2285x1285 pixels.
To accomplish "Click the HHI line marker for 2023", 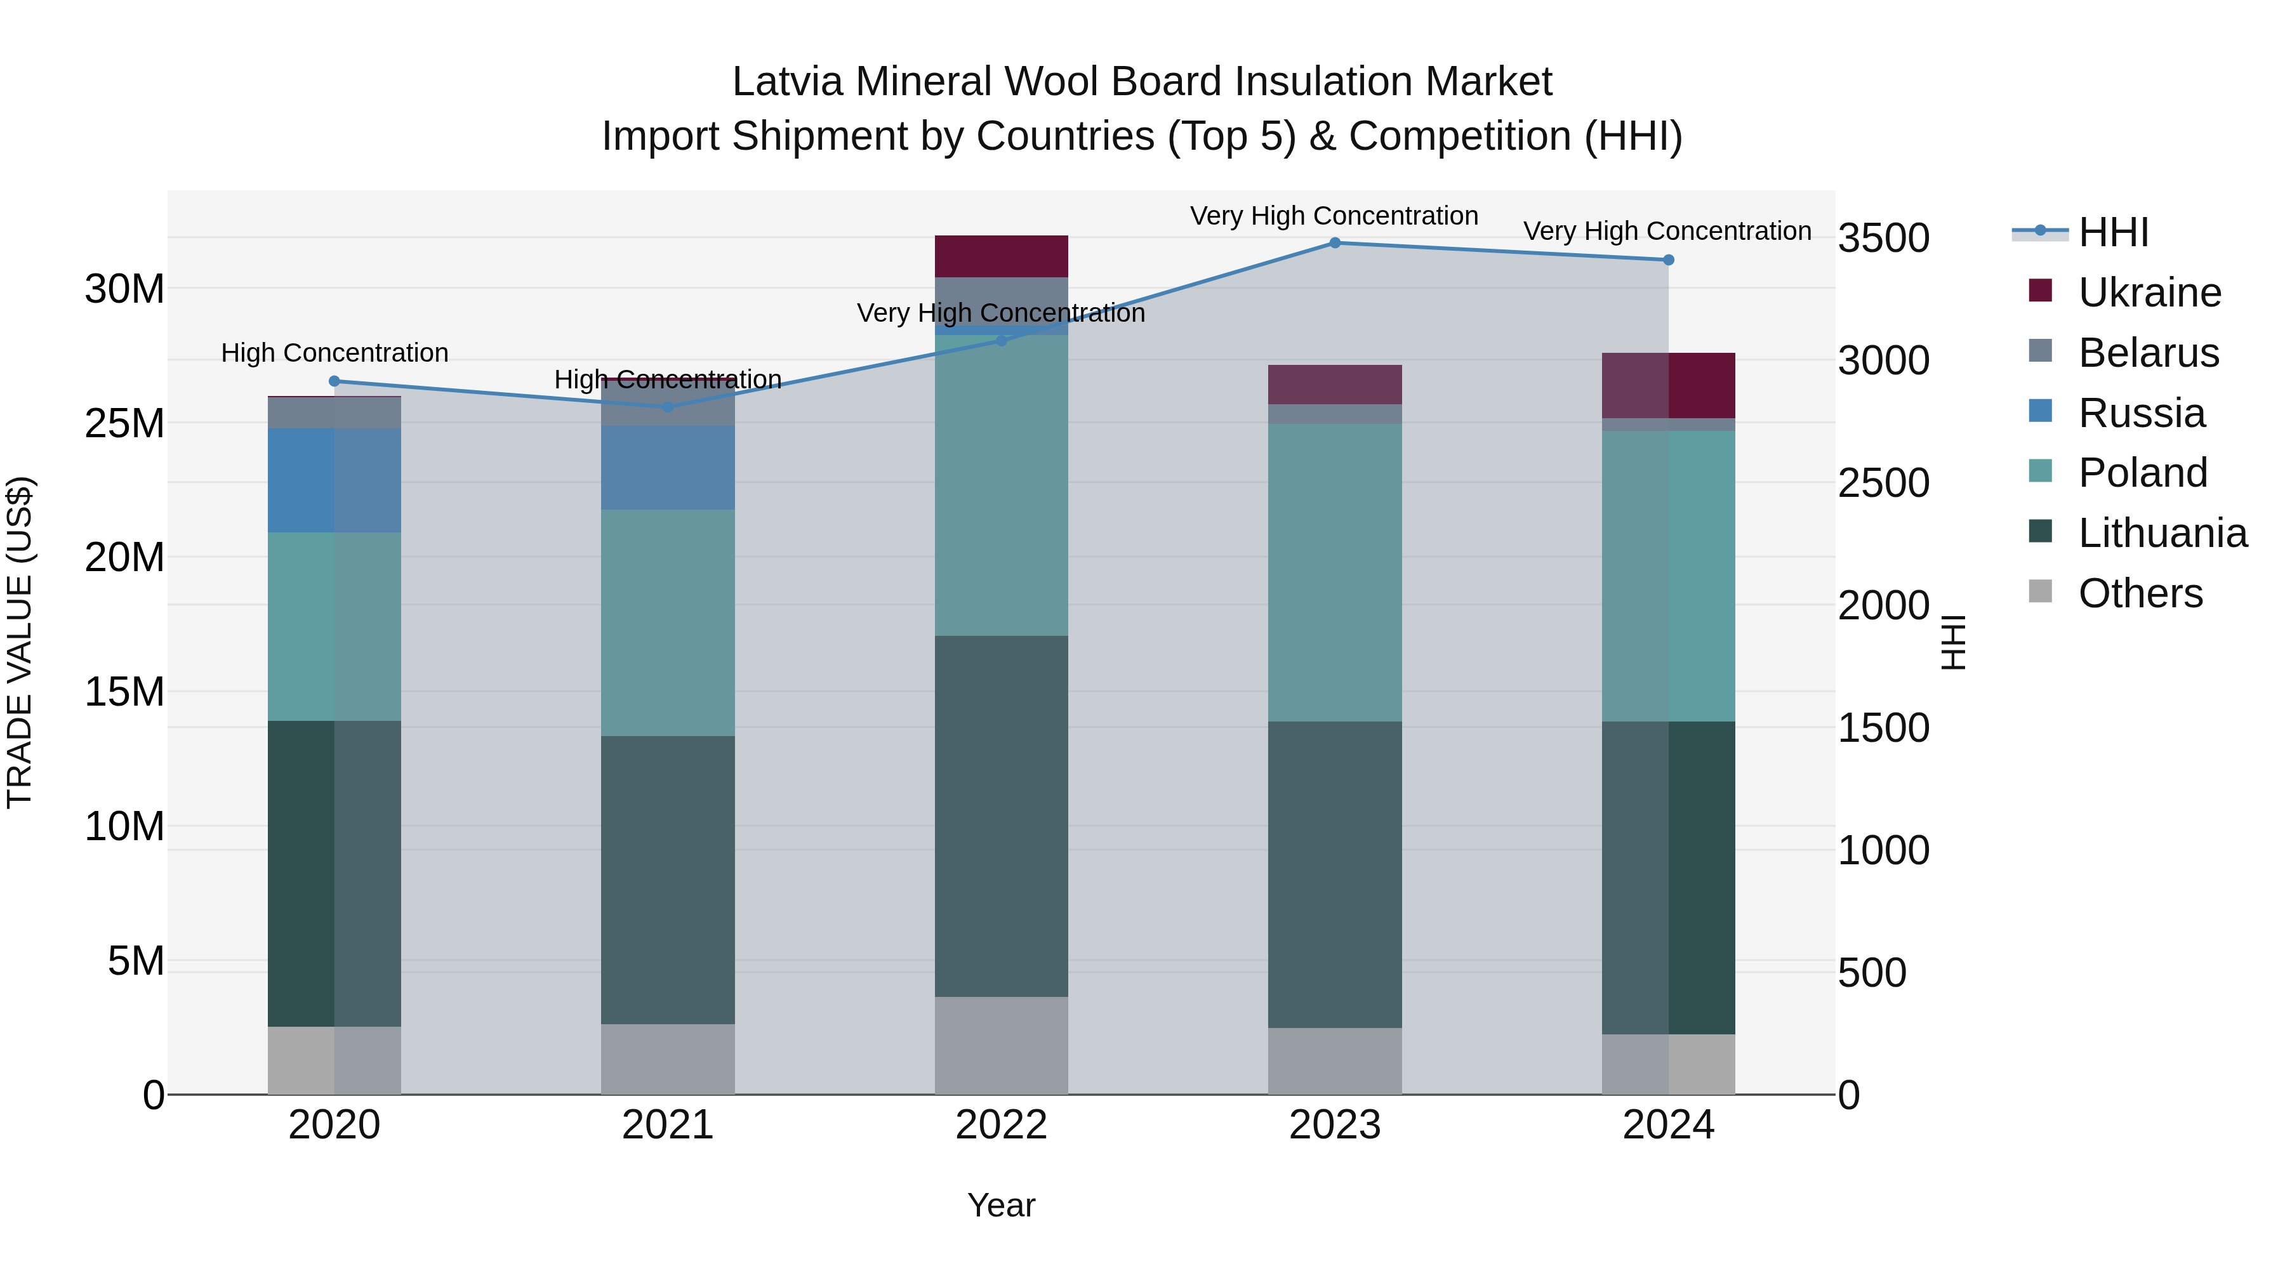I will tap(1334, 243).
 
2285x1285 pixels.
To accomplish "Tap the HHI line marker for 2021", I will tap(668, 407).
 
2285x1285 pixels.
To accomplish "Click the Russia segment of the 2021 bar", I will tap(668, 467).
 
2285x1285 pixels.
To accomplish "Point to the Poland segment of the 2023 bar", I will tap(1334, 572).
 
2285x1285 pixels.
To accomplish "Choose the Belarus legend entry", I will tap(2147, 353).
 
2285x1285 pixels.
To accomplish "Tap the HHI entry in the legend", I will tap(2112, 232).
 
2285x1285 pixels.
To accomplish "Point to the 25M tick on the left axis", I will tap(124, 424).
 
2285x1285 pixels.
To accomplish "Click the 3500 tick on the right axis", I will tap(1883, 239).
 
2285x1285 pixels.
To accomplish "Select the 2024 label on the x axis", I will tap(1667, 1125).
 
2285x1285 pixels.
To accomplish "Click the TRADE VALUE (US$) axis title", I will tap(20, 642).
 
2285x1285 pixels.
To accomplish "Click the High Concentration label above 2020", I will tap(334, 353).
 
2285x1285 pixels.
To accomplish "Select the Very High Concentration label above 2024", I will tap(1667, 232).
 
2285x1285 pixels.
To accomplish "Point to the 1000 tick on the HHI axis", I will tap(1883, 850).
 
